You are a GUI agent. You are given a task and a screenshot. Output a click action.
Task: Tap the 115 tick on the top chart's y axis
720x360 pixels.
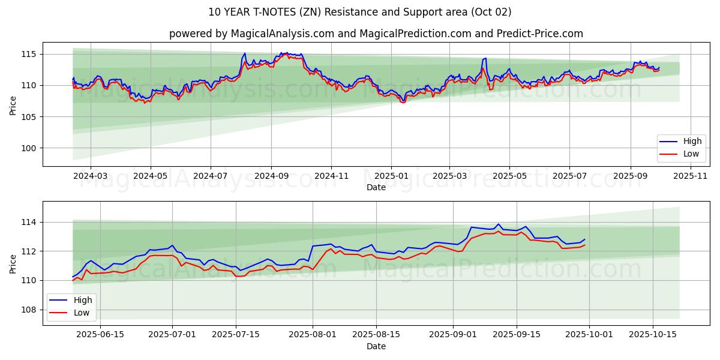tap(30, 55)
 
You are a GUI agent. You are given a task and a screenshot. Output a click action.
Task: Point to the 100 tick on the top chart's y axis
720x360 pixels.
tap(30, 148)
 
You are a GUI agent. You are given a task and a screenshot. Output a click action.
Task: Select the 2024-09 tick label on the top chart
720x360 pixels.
tap(271, 176)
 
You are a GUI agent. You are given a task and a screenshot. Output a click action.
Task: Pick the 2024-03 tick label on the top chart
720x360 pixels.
tap(91, 176)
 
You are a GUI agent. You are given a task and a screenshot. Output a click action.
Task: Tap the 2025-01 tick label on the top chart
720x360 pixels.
tap(391, 176)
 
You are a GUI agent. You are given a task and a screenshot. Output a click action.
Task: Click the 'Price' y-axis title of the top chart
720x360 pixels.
tap(13, 106)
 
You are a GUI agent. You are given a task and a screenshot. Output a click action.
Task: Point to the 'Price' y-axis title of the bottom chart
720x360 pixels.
tap(13, 263)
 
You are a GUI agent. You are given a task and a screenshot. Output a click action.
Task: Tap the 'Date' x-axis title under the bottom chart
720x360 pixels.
tap(376, 346)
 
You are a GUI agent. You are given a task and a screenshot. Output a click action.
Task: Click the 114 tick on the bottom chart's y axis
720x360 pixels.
tap(30, 223)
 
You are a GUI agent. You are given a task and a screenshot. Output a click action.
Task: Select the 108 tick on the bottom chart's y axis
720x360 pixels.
tap(30, 310)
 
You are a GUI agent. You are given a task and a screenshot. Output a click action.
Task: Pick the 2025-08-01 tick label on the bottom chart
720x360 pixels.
tap(313, 334)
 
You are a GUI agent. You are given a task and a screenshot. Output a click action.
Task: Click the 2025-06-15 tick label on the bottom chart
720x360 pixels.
tap(100, 334)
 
